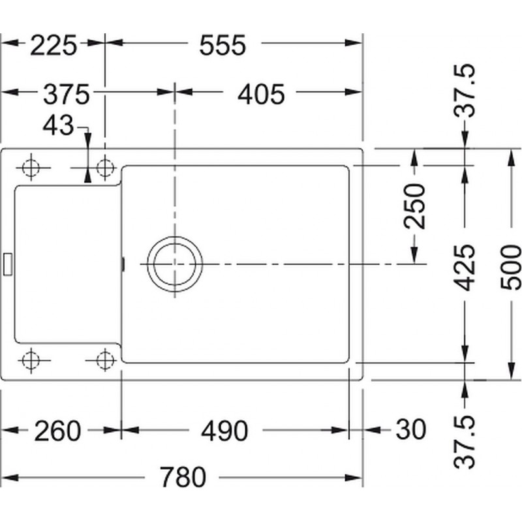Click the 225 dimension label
click(x=54, y=45)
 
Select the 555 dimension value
click(x=223, y=45)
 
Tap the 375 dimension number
click(x=67, y=94)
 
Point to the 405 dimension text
click(x=262, y=94)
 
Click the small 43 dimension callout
click(x=58, y=125)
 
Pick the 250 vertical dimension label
click(x=414, y=206)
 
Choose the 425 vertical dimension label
click(x=465, y=268)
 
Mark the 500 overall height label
click(x=511, y=268)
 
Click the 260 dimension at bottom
click(x=57, y=431)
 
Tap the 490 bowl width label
click(x=224, y=431)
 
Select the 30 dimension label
click(x=411, y=429)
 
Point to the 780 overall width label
click(x=183, y=477)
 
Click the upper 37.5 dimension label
click(x=465, y=91)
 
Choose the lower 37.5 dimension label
click(x=465, y=442)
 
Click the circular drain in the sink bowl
click(x=175, y=264)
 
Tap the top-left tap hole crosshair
click(x=31, y=168)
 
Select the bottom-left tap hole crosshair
click(x=31, y=360)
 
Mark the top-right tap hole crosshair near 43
click(x=105, y=168)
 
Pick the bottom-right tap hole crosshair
click(x=105, y=360)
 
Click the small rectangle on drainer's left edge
click(x=8, y=264)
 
